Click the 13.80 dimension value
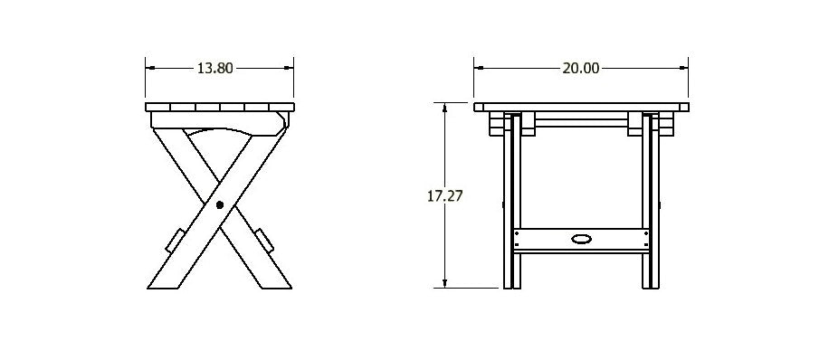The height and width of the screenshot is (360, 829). click(219, 68)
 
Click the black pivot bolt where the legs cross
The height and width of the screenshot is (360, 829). click(220, 204)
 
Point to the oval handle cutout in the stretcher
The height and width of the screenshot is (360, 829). click(580, 240)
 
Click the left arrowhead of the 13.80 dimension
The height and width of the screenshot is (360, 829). click(150, 68)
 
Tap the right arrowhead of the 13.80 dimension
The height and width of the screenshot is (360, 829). click(290, 68)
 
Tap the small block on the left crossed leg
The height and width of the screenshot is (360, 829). click(176, 240)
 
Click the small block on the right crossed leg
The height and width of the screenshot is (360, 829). click(263, 240)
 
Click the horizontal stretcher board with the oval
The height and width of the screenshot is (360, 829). click(543, 240)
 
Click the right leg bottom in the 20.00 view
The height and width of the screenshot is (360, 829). click(649, 280)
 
